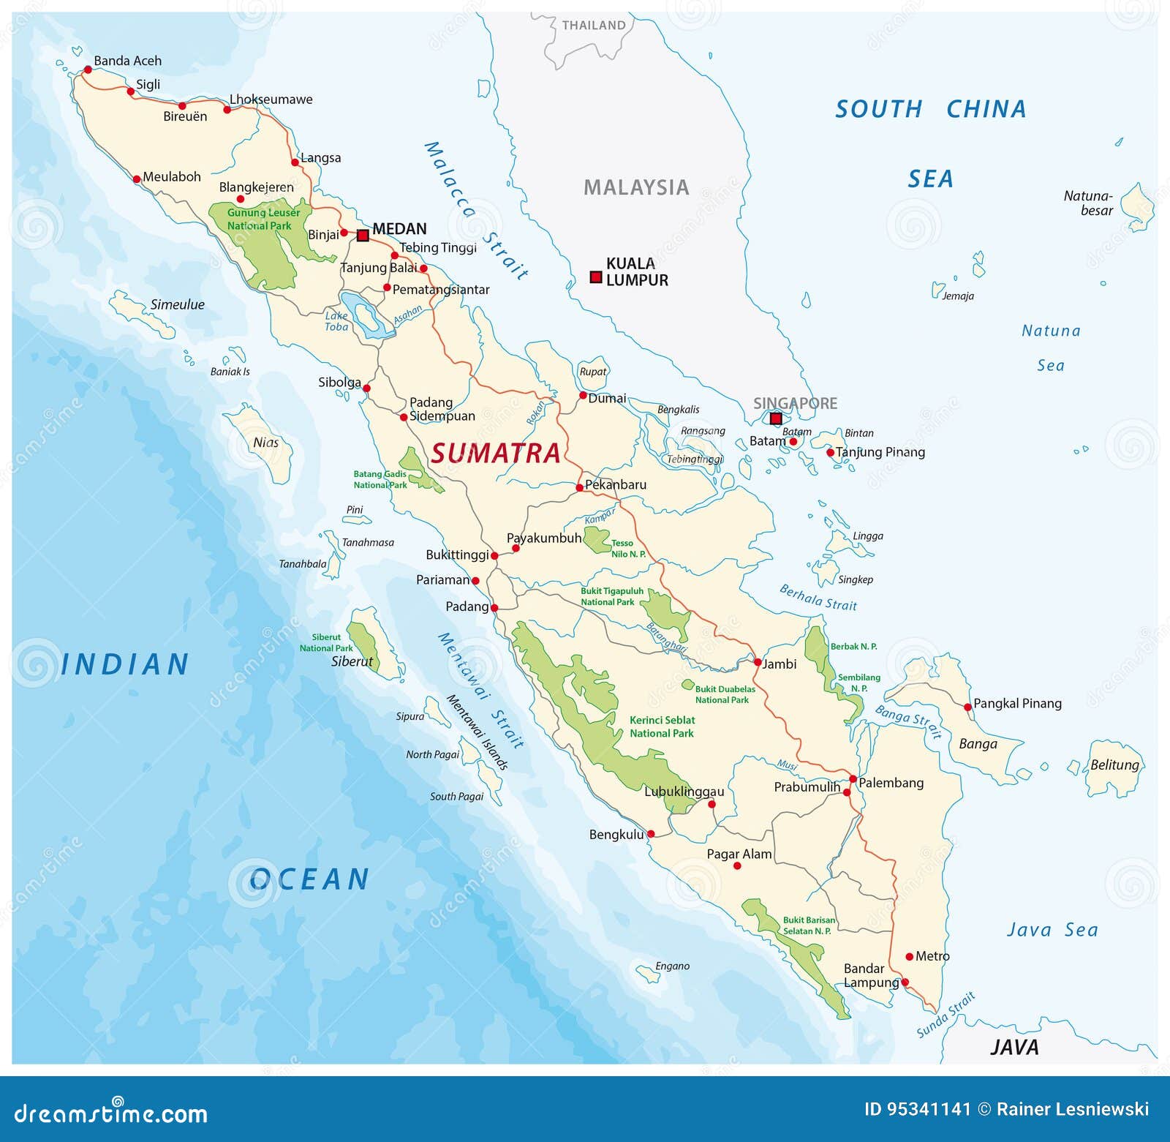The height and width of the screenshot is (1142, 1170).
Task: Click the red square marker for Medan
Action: [363, 236]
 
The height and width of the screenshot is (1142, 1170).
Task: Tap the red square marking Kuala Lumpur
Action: [596, 277]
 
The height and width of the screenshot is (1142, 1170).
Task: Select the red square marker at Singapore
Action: [776, 418]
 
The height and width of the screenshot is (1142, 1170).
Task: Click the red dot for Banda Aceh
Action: [88, 70]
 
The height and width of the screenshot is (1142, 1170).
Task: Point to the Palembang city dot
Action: [853, 779]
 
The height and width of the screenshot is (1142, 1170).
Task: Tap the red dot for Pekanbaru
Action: [579, 487]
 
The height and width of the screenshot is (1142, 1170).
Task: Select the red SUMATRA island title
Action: [496, 454]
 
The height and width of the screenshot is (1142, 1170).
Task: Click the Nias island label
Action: [265, 443]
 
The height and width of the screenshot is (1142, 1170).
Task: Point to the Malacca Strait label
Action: [475, 211]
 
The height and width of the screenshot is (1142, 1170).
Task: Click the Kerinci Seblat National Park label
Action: [662, 726]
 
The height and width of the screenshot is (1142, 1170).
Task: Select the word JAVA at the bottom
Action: [1014, 1047]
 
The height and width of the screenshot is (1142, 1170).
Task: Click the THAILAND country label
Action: [594, 26]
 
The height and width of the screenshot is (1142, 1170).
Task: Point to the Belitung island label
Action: [1114, 765]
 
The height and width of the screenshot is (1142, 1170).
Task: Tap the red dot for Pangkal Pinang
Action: [968, 707]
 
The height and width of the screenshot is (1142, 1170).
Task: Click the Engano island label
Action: [672, 966]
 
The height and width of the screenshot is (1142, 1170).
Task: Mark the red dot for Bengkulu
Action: [651, 834]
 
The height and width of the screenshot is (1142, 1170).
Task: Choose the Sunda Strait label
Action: [946, 1014]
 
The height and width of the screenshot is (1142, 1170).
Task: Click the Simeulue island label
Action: [177, 304]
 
